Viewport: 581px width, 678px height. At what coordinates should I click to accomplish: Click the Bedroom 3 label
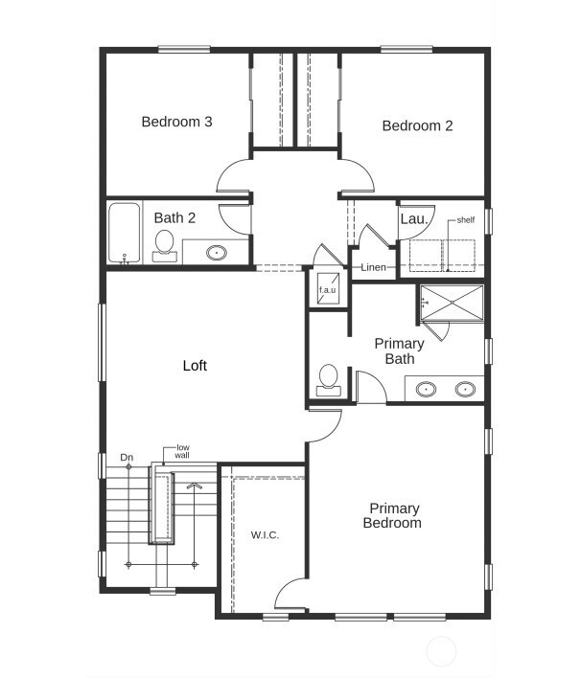(x=176, y=122)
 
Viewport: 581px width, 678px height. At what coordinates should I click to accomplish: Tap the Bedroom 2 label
(x=417, y=125)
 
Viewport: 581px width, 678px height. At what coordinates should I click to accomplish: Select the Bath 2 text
(x=174, y=218)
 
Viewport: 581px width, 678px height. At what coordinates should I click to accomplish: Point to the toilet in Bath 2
(x=164, y=244)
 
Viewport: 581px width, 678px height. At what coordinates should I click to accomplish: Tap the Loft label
(x=195, y=366)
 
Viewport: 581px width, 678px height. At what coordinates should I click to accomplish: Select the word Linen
(x=374, y=267)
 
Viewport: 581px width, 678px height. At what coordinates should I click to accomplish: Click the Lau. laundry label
(x=413, y=219)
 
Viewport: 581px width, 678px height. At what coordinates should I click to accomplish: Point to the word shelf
(x=466, y=219)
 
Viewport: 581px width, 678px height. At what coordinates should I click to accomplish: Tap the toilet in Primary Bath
(x=328, y=378)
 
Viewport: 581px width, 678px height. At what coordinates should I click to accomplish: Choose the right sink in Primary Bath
(x=465, y=389)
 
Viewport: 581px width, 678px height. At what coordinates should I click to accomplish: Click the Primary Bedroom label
(x=391, y=515)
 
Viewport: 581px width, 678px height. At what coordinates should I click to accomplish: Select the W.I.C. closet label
(x=266, y=534)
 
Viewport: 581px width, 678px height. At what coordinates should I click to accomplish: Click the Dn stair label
(x=127, y=458)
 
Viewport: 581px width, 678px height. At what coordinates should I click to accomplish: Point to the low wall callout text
(x=182, y=451)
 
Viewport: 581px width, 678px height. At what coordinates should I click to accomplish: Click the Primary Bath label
(x=399, y=350)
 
